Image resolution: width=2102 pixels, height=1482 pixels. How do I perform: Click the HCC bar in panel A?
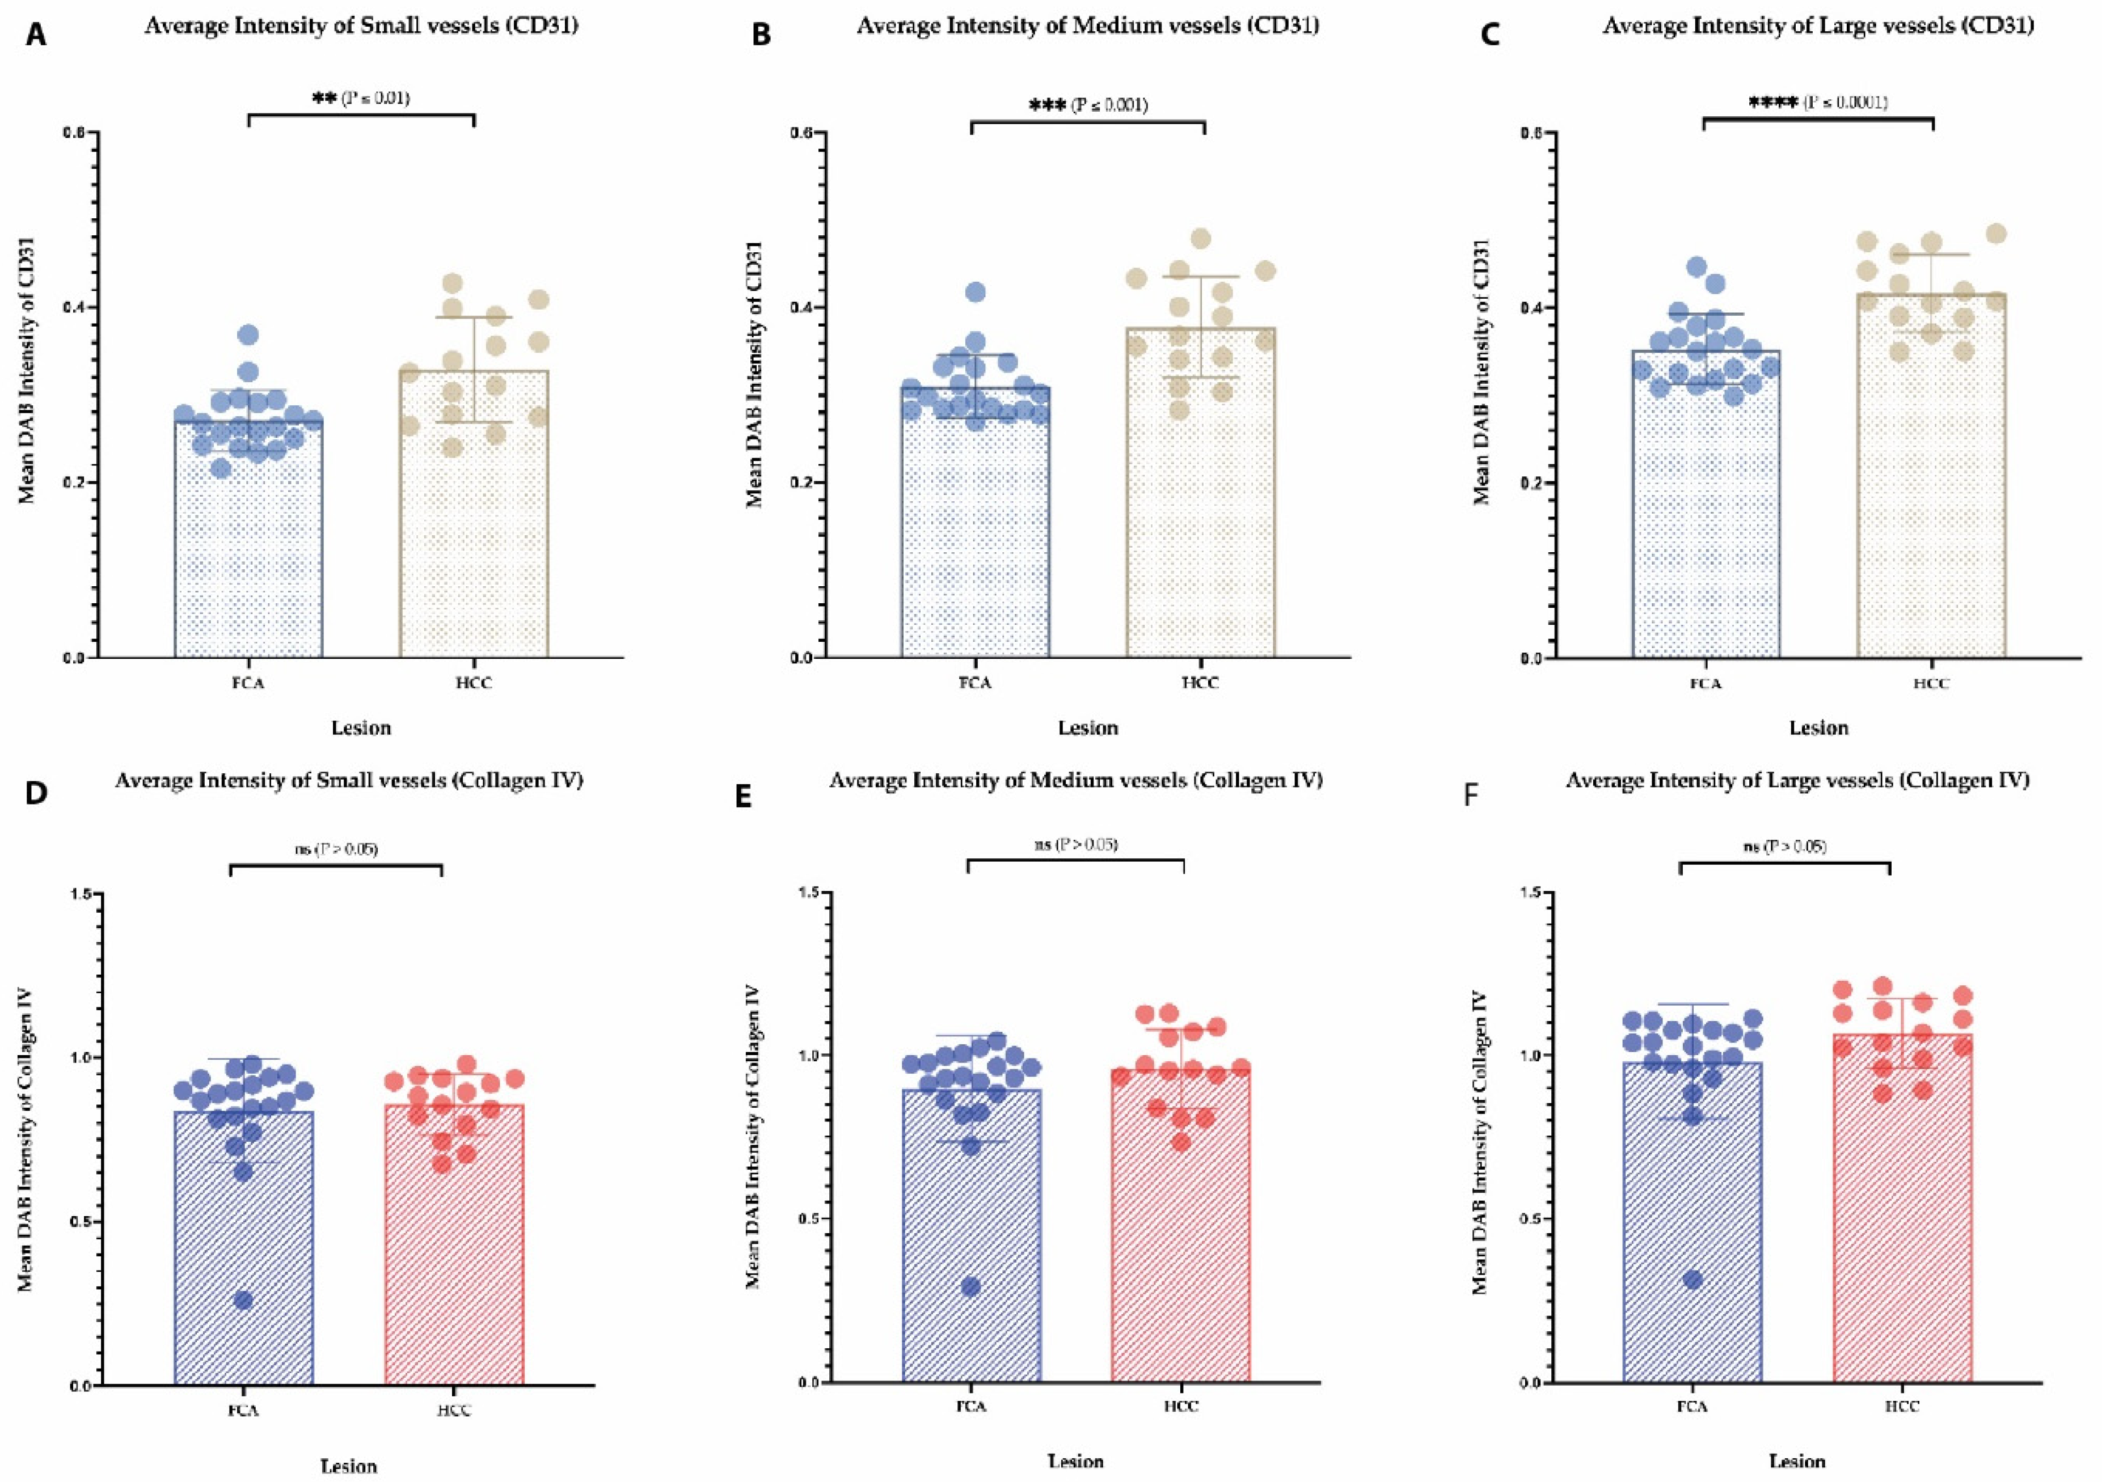click(x=473, y=531)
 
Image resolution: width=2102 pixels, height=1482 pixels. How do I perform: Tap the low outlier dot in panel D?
click(x=243, y=1300)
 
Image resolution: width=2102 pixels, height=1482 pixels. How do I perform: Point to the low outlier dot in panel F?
click(x=1692, y=1279)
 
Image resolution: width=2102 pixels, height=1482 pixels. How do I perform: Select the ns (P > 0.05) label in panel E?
click(x=1076, y=844)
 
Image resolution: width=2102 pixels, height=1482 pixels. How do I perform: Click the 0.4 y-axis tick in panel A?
click(x=74, y=307)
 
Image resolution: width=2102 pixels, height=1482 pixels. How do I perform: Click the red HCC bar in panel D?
click(x=454, y=1263)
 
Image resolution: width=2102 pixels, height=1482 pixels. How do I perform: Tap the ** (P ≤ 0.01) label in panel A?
click(x=361, y=98)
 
